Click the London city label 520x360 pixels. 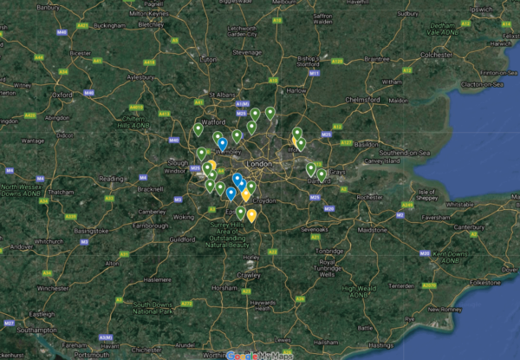259,163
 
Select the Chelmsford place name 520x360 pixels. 363,99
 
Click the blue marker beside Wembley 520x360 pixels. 222,142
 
